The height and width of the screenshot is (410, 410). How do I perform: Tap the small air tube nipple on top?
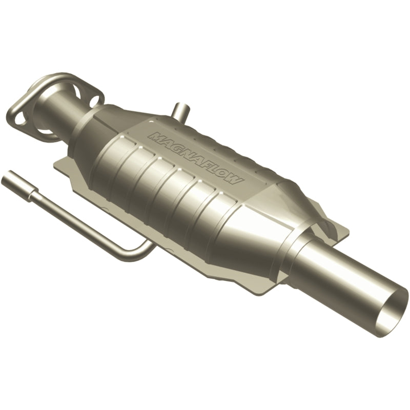(179, 110)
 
